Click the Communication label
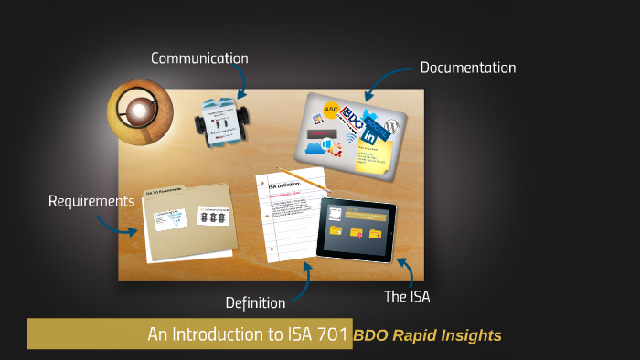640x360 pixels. click(199, 58)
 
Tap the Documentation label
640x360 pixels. click(467, 68)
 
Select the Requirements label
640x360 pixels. click(91, 200)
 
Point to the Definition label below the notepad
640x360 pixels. click(255, 302)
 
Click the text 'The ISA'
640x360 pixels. click(405, 296)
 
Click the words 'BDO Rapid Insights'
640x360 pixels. click(428, 335)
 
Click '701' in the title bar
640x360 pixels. click(332, 334)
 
